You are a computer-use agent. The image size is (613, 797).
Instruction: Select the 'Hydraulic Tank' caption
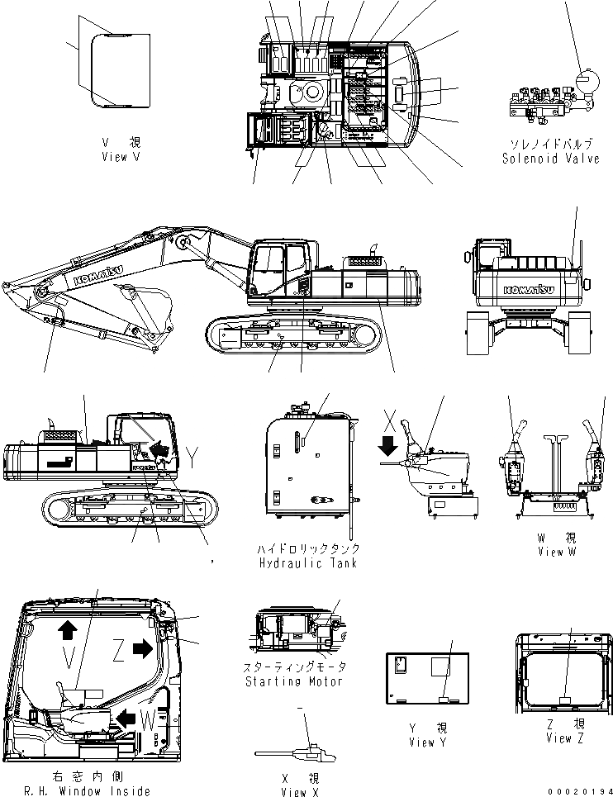307,562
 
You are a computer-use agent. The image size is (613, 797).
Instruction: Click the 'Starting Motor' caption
295,681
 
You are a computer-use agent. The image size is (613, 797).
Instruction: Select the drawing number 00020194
578,790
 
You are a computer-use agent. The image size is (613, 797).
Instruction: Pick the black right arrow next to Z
144,648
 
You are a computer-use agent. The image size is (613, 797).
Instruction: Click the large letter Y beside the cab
193,457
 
